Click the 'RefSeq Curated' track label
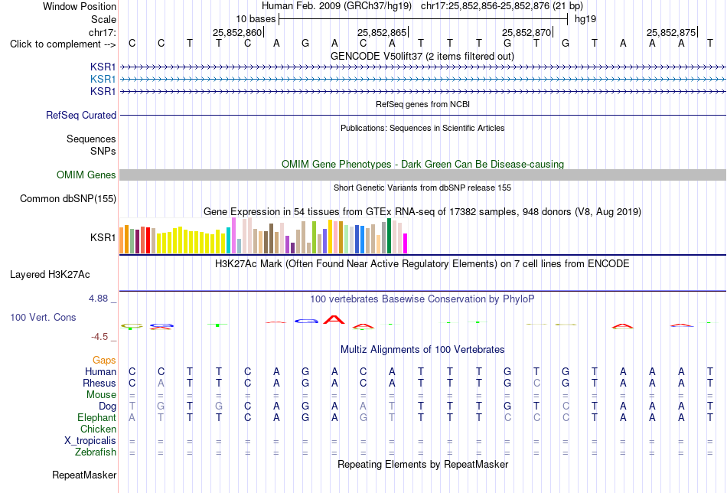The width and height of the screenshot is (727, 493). pos(81,115)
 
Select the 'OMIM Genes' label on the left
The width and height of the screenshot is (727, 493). pos(86,175)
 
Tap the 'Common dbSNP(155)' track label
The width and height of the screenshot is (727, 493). pos(68,198)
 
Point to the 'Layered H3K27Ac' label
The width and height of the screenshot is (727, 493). pos(50,275)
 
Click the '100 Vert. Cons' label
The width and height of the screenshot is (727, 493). pos(43,317)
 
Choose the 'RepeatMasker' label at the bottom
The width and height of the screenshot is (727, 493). pos(84,475)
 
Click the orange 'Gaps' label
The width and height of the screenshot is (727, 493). pos(104,361)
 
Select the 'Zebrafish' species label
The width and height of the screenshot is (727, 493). pos(96,452)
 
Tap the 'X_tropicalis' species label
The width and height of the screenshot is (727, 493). pos(90,441)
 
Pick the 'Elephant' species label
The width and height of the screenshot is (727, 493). pos(96,418)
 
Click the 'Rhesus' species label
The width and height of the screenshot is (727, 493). pos(99,384)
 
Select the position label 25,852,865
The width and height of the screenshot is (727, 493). pos(382,32)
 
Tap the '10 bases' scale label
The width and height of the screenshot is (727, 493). pos(256,19)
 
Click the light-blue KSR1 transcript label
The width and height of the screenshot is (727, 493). pos(103,80)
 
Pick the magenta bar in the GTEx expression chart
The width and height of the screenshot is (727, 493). pos(406,243)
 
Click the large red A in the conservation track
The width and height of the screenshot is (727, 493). pos(334,319)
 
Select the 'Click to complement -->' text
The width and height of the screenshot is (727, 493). pos(63,44)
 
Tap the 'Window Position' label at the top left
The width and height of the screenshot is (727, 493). pos(80,6)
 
